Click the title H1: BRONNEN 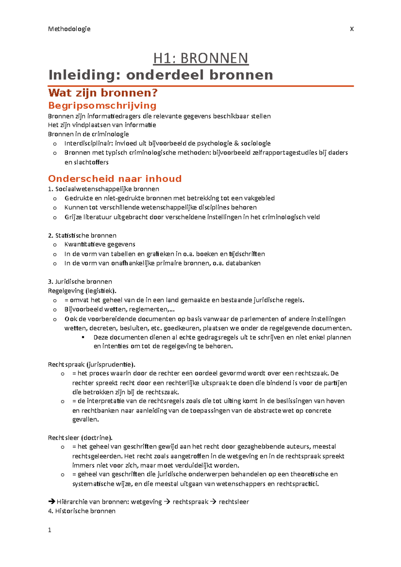point(200,58)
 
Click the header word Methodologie point(69,29)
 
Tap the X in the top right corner point(352,29)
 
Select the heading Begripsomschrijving point(102,106)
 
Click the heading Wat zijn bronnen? point(103,93)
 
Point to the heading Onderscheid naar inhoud point(115,179)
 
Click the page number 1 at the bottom point(50,530)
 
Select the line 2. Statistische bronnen point(82,235)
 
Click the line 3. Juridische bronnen point(80,281)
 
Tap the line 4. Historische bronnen point(82,511)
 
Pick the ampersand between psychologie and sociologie point(237,144)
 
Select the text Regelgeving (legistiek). point(82,291)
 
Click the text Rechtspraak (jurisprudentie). point(92,364)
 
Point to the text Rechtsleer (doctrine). point(80,437)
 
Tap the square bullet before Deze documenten point(83,337)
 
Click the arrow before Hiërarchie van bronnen point(51,502)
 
